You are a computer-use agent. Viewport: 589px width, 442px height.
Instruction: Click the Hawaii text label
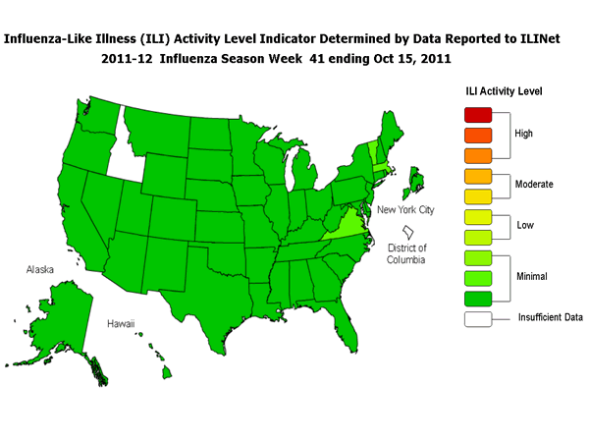pyautogui.click(x=121, y=323)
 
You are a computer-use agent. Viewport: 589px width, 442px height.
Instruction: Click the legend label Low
pyautogui.click(x=526, y=226)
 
